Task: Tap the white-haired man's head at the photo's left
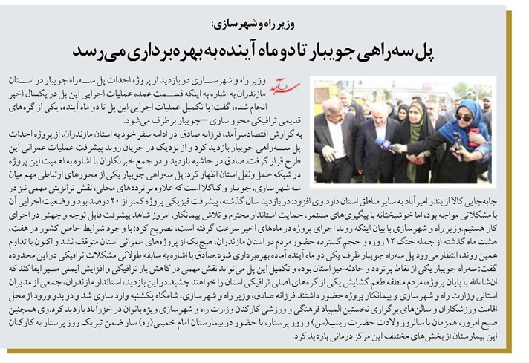327,104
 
